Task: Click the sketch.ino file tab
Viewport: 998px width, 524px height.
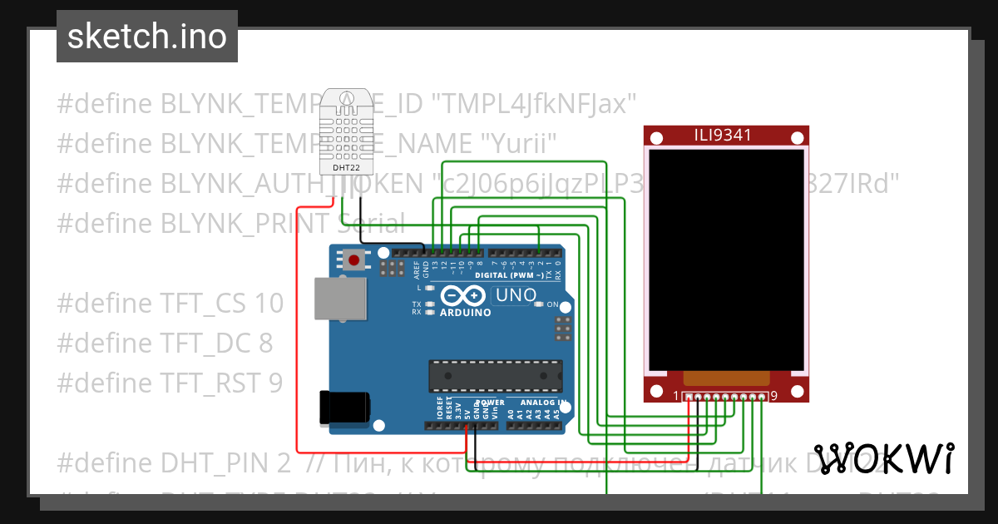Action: pyautogui.click(x=146, y=37)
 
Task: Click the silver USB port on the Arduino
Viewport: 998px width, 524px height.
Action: pyautogui.click(x=339, y=298)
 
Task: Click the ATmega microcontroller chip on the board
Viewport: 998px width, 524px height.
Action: pyautogui.click(x=495, y=376)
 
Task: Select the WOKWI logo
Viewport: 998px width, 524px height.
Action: pyautogui.click(x=883, y=458)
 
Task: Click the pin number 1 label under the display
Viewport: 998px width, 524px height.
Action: pyautogui.click(x=676, y=396)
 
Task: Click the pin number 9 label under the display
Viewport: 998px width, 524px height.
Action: pyautogui.click(x=774, y=396)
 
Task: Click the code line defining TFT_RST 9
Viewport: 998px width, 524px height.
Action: pyautogui.click(x=170, y=383)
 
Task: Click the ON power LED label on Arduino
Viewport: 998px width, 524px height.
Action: pyautogui.click(x=552, y=305)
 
